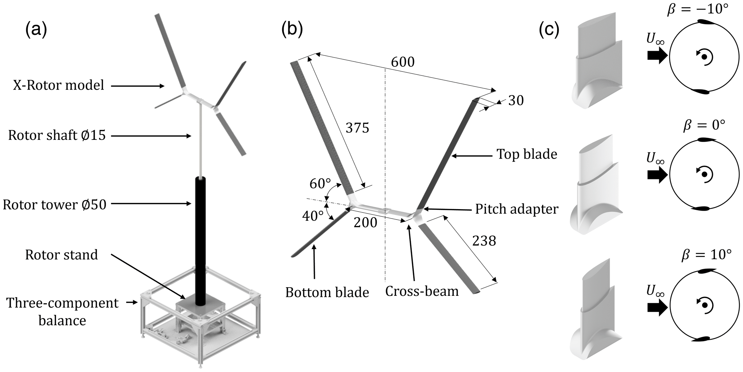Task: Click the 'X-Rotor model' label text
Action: point(59,86)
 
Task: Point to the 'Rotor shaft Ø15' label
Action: point(57,136)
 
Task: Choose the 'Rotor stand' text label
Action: point(61,254)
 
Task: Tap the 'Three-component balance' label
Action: point(62,311)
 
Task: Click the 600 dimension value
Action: point(403,62)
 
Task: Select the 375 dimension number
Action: point(357,128)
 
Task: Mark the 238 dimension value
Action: point(484,240)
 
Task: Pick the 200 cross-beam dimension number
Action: point(365,223)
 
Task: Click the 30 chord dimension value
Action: point(516,101)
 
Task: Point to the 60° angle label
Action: point(320,184)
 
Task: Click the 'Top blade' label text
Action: point(527,154)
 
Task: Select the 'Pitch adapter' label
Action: point(517,209)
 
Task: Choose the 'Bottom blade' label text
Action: point(327,292)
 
